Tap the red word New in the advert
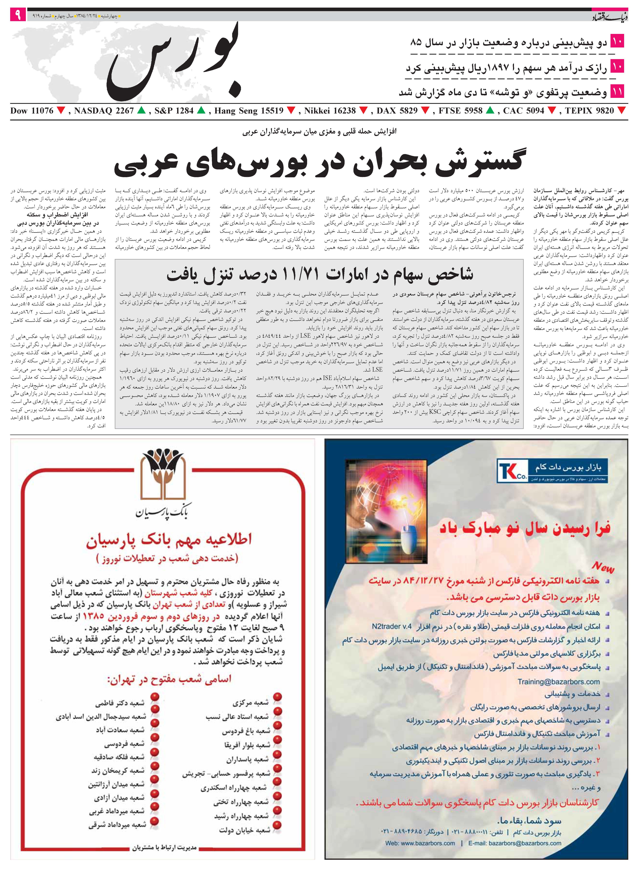tap(603, 567)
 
